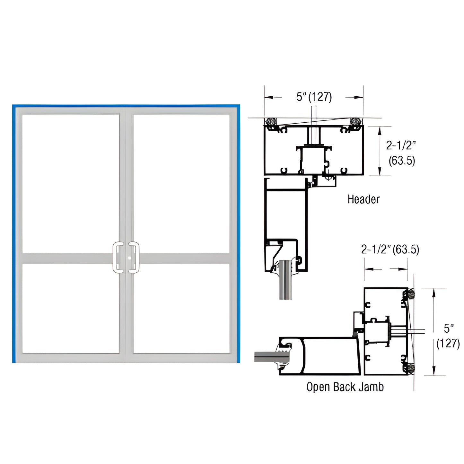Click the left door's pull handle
(117, 258)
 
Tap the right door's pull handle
(135, 258)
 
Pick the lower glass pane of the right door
(181, 308)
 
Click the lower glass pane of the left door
(71, 308)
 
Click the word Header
(363, 199)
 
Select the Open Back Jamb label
(345, 387)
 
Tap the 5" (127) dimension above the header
(314, 97)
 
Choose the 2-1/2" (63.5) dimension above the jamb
(390, 250)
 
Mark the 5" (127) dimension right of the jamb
(448, 336)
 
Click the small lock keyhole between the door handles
(128, 258)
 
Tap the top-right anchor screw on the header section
(356, 122)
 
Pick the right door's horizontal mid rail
(185, 258)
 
